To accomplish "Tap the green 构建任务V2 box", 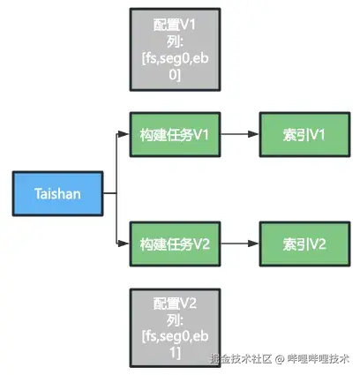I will [173, 243].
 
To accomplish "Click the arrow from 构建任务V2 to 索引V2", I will [238, 243].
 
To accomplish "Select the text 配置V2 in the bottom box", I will [174, 303].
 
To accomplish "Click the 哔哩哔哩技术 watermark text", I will [319, 359].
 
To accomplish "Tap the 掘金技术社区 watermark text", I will [238, 359].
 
